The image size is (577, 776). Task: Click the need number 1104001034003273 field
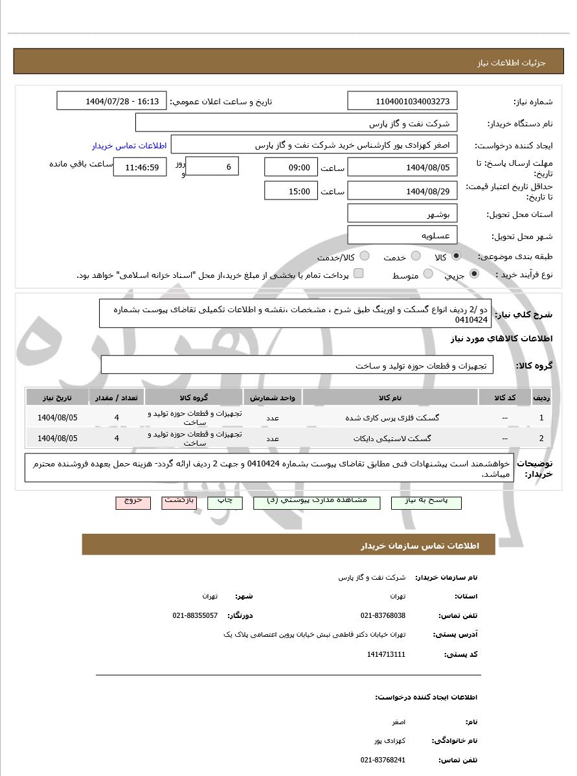(x=402, y=101)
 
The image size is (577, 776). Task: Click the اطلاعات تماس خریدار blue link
(x=129, y=146)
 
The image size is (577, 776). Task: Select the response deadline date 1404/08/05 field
(x=402, y=168)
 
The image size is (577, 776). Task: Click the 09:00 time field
(x=291, y=168)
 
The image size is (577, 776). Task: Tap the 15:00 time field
(x=291, y=191)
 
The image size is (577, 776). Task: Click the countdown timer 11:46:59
(x=140, y=167)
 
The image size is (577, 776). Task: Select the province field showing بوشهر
(x=402, y=214)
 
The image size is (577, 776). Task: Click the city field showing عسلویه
(x=402, y=236)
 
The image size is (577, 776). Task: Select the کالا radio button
(x=457, y=257)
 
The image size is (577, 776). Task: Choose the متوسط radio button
(x=428, y=275)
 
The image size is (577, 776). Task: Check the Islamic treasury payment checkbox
(x=359, y=274)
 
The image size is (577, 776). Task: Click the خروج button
(x=133, y=502)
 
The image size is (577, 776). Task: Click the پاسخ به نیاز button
(x=426, y=502)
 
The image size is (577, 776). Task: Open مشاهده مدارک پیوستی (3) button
(x=317, y=502)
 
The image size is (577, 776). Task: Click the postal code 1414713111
(x=386, y=654)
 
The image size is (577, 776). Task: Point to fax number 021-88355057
(x=195, y=615)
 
